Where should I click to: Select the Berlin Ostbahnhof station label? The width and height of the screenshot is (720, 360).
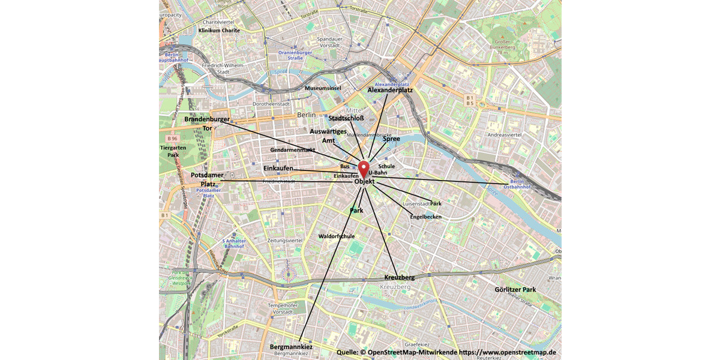click(x=521, y=184)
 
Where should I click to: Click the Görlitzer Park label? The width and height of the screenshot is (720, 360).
click(x=515, y=289)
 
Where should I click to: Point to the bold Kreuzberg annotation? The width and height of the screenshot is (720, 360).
click(x=399, y=277)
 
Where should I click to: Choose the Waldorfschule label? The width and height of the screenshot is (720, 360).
click(x=337, y=236)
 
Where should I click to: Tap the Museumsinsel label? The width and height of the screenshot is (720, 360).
click(x=323, y=88)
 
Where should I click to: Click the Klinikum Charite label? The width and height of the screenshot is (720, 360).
click(x=219, y=30)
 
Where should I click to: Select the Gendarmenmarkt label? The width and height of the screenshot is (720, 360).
click(x=293, y=149)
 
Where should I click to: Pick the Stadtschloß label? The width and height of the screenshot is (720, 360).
click(x=347, y=118)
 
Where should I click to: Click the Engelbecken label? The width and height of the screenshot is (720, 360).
click(x=426, y=216)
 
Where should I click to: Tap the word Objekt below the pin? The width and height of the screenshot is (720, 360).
click(x=365, y=181)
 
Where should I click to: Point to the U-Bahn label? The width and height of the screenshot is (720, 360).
click(x=378, y=172)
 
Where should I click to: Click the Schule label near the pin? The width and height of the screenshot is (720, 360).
click(x=386, y=166)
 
